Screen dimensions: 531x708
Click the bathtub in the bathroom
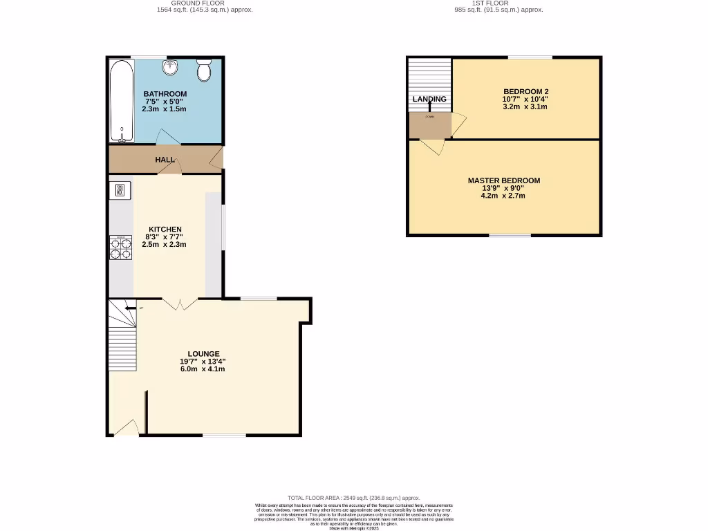point(121,100)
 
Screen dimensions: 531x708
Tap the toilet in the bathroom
point(204,70)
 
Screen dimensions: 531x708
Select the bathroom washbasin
point(171,67)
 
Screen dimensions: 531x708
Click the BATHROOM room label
point(165,94)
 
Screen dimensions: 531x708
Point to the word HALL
point(165,160)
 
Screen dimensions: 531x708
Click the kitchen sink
point(120,190)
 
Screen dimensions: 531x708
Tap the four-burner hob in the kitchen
point(120,248)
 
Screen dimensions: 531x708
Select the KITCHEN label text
point(165,230)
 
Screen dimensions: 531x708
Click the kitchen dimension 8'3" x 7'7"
point(165,237)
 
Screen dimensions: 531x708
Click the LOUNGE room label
point(203,354)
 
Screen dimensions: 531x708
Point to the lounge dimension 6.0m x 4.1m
point(203,369)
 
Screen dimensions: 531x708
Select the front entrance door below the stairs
point(126,430)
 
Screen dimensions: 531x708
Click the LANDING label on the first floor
point(429,99)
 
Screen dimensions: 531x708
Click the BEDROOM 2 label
point(525,92)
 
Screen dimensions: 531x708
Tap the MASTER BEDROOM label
point(504,181)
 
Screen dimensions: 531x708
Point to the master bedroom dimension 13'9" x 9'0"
point(504,189)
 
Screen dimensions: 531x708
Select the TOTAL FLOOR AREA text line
point(353,498)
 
